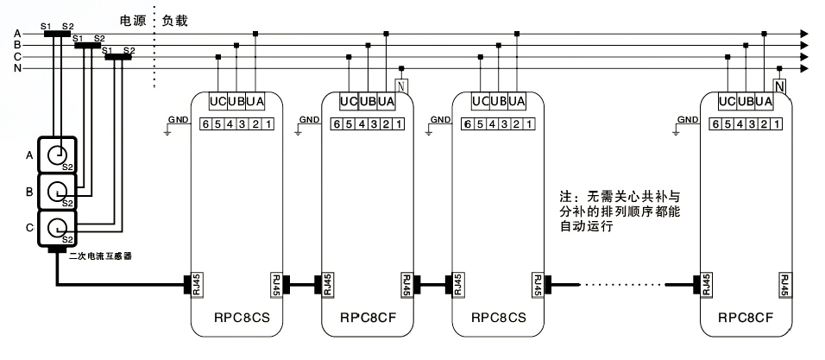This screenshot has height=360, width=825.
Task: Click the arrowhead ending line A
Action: [x=805, y=34]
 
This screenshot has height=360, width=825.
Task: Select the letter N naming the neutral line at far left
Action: [x=18, y=67]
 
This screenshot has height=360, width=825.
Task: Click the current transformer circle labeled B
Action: [x=58, y=191]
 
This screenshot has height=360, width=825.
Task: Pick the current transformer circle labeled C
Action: [x=58, y=228]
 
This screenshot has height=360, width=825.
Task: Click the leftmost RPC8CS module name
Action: [x=236, y=318]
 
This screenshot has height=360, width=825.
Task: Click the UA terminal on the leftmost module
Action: [x=255, y=103]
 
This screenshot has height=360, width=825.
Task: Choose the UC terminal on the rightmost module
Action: [x=727, y=103]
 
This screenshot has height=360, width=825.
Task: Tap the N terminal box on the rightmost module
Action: [x=779, y=86]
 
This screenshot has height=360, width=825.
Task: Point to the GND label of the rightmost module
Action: [x=688, y=119]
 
